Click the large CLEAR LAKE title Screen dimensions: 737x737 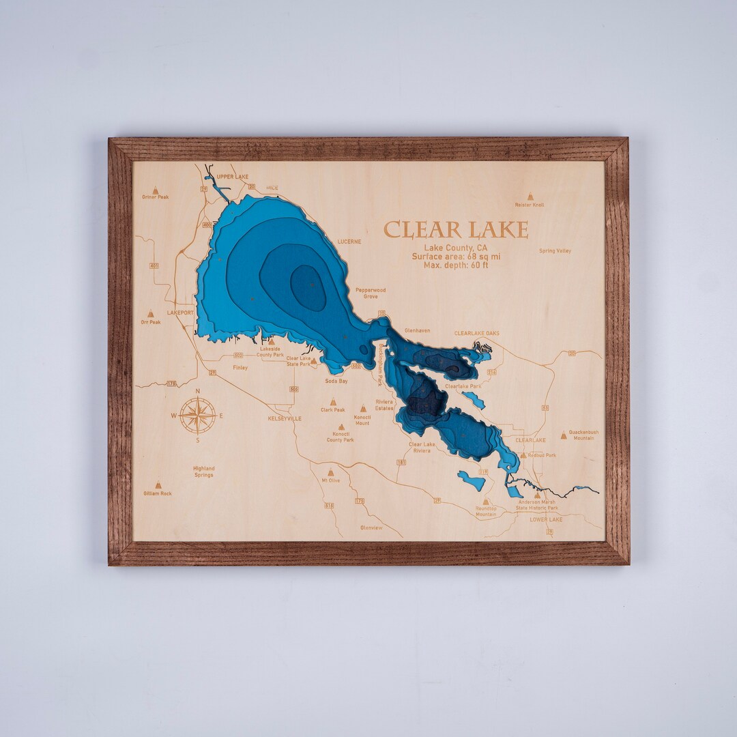456,229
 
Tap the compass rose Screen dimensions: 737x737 198,415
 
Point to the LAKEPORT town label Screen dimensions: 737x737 180,313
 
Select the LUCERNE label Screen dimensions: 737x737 349,242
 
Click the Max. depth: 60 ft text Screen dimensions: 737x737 456,265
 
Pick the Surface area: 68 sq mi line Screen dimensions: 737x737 456,257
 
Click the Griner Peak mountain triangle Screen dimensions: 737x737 156,190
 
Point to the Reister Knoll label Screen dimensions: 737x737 530,205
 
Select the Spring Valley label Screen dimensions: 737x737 555,251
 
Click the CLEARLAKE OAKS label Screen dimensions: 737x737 477,334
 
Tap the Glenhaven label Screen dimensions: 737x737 417,330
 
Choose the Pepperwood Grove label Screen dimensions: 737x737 371,293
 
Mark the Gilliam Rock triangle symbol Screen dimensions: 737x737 158,485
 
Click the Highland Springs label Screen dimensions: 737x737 203,472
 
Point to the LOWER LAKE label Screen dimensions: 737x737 547,519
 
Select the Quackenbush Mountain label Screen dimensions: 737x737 583,435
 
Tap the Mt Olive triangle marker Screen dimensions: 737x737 331,472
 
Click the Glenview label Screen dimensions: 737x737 371,528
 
